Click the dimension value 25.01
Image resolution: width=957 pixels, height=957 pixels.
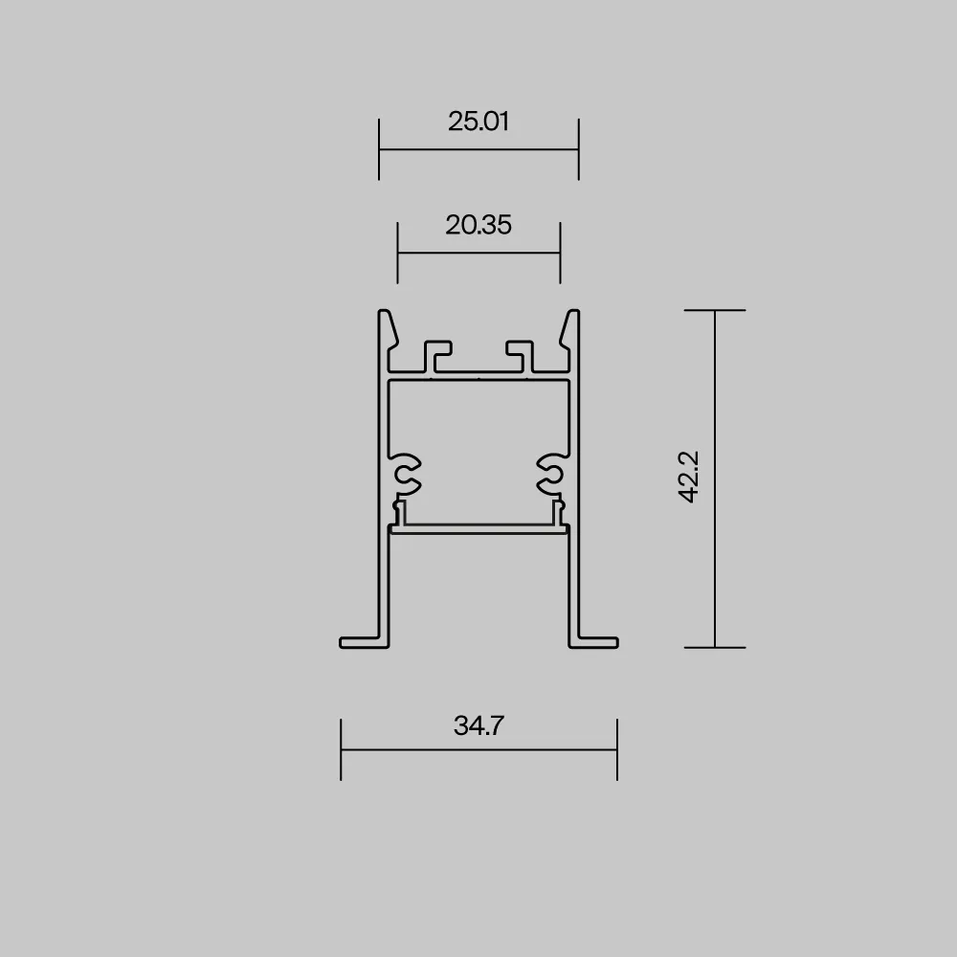(x=478, y=121)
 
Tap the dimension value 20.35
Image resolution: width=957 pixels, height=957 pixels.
(x=478, y=225)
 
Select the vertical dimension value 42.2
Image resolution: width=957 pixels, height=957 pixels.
(x=689, y=477)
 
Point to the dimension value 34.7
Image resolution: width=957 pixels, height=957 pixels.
(x=478, y=725)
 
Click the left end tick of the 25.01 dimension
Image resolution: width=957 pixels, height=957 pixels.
(x=379, y=149)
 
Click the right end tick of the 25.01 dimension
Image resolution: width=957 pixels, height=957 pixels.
(x=579, y=149)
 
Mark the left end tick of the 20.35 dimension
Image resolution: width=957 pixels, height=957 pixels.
(x=397, y=253)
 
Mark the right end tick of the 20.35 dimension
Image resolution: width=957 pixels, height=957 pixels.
(x=560, y=253)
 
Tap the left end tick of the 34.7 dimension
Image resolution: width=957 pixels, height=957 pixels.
(x=341, y=749)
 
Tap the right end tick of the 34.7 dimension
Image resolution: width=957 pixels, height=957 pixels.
(x=617, y=749)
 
